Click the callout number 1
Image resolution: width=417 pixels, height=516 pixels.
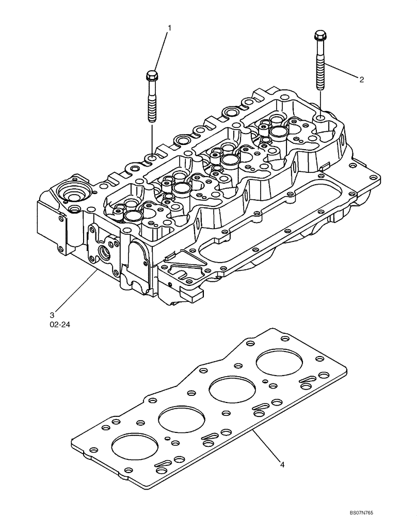tap(168, 27)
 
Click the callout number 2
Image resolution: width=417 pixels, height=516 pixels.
tap(361, 79)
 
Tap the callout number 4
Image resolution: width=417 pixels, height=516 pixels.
tap(283, 465)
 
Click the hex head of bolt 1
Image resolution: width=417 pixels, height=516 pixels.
tap(152, 77)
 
